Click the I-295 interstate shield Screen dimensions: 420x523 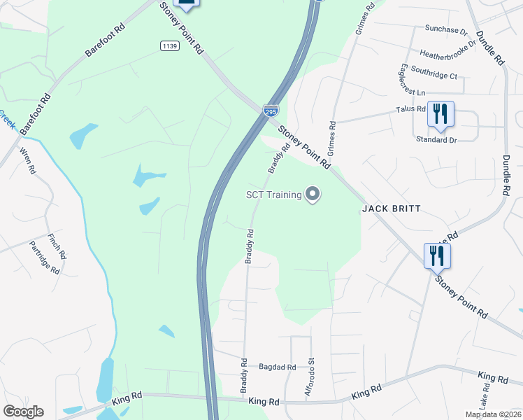tap(271, 111)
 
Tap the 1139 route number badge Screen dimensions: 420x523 tap(169, 45)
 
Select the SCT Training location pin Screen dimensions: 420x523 tap(313, 195)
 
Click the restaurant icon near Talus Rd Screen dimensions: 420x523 tap(440, 114)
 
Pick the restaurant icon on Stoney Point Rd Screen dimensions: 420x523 tap(437, 255)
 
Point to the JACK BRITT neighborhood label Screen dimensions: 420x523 tap(391, 209)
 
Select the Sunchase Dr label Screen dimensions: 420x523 tap(446, 31)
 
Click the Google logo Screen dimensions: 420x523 tap(23, 412)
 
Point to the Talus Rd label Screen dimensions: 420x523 tap(410, 109)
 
